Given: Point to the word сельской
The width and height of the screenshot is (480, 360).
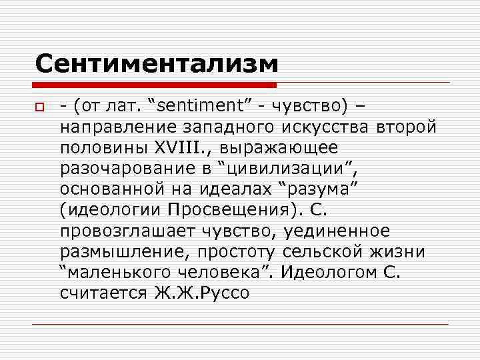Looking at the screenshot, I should [325, 251].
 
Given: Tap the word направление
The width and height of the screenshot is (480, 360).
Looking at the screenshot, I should [119, 127].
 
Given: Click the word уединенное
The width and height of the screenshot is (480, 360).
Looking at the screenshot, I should [337, 231].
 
